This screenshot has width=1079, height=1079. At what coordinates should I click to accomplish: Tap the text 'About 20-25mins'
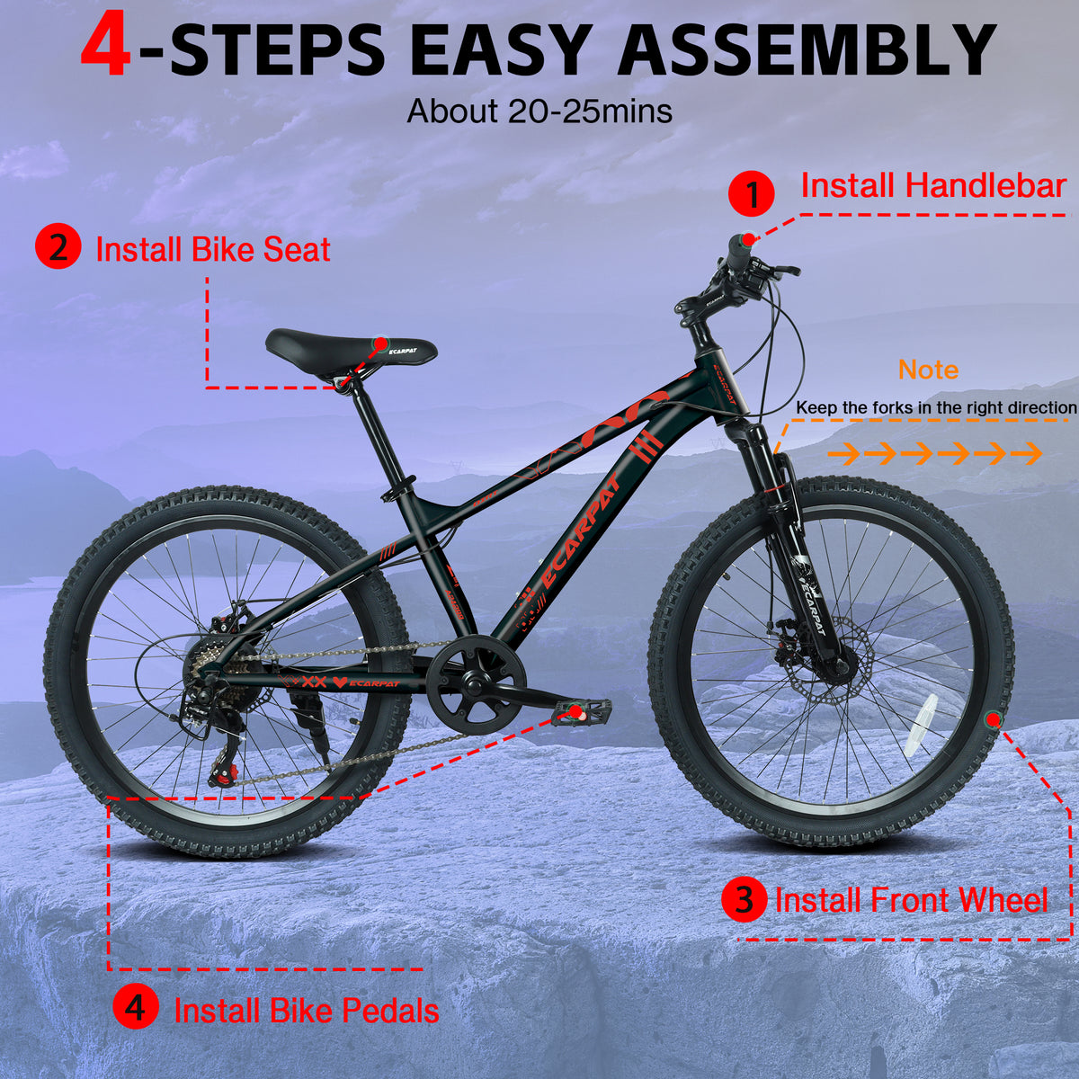click(x=539, y=111)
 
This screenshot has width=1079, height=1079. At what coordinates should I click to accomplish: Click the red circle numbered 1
click(x=752, y=194)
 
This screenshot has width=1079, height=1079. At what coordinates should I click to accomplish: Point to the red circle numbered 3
click(x=745, y=900)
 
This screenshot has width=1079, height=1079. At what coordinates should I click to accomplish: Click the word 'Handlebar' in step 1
click(x=985, y=185)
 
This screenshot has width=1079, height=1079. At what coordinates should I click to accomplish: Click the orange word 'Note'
click(x=928, y=370)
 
